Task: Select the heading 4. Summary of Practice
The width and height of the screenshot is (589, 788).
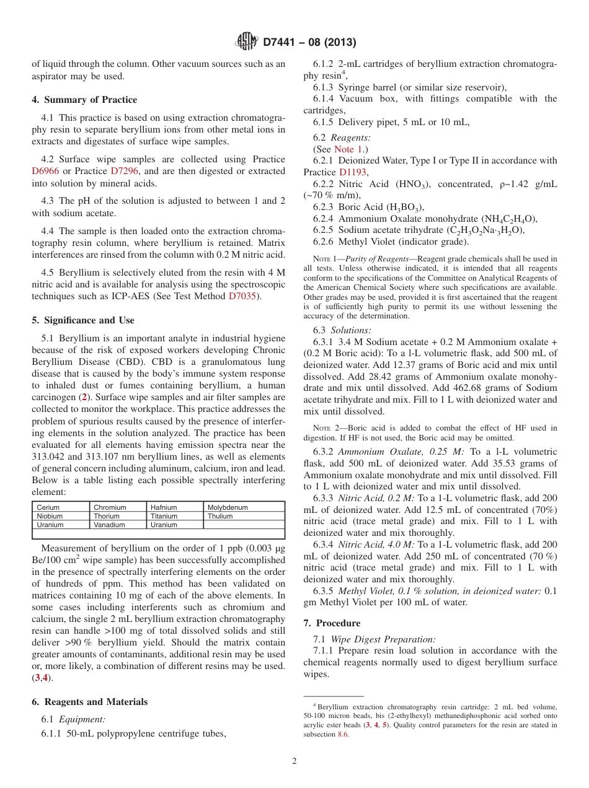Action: coord(84,100)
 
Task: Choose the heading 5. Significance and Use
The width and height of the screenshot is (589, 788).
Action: coord(83,320)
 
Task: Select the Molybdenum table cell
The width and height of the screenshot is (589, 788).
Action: coord(228,507)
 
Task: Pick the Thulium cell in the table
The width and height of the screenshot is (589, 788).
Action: coord(220,516)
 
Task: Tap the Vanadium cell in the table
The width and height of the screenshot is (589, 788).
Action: coord(109,525)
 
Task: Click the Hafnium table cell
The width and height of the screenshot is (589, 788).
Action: coord(164,507)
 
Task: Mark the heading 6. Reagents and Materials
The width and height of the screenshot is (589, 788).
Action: coord(90,702)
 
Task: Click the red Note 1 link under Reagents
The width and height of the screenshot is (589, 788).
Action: coord(344,149)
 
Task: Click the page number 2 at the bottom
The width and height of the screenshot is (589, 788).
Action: coord(294,761)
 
